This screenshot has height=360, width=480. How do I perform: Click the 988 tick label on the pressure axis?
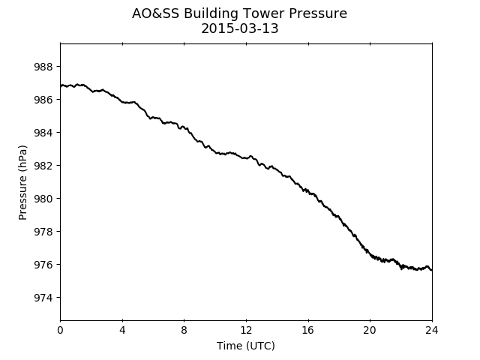[x=43, y=67]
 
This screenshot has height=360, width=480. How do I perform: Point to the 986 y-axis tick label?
[x=43, y=100]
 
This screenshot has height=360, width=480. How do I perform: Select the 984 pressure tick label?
[x=43, y=133]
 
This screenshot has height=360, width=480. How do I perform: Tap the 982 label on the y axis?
[x=43, y=166]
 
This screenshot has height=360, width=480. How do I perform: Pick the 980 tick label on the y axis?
[x=43, y=199]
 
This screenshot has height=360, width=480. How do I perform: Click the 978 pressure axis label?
[x=43, y=232]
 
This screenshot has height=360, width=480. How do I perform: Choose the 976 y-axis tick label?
[x=43, y=265]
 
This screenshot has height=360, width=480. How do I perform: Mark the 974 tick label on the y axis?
[x=43, y=298]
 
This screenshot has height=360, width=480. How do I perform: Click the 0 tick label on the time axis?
[x=60, y=330]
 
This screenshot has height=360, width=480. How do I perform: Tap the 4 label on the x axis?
[x=122, y=330]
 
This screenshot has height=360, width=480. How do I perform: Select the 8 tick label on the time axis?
[x=184, y=330]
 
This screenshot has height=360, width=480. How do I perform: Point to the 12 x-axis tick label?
[x=246, y=330]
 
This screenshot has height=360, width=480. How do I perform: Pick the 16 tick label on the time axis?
[x=308, y=330]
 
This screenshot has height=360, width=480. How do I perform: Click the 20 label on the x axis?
[x=370, y=330]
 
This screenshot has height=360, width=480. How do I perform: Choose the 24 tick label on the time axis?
[x=432, y=330]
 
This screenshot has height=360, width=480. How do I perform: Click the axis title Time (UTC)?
[x=246, y=346]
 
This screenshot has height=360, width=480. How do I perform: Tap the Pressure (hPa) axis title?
[x=22, y=182]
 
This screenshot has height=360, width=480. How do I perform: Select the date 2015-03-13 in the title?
[x=240, y=28]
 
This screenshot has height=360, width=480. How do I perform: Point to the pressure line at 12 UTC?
[x=246, y=158]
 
